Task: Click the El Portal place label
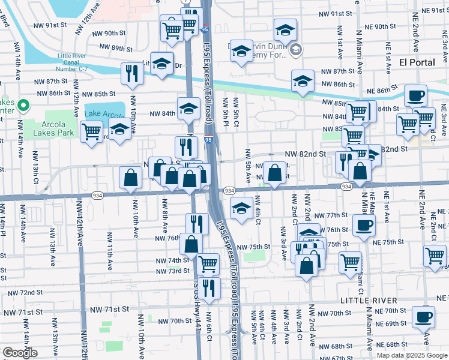418,62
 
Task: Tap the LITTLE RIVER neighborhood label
368,300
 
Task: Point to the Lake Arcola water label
105,113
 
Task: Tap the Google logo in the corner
20,353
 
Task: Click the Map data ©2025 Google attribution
412,355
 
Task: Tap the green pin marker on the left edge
23,106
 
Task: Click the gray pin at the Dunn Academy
294,51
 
